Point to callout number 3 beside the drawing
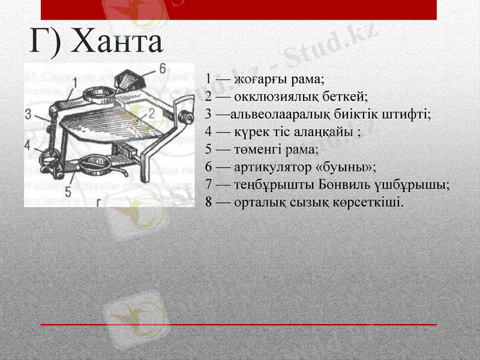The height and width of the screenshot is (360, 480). pyautogui.click(x=29, y=113)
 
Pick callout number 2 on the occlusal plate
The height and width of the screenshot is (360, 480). pyautogui.click(x=151, y=113)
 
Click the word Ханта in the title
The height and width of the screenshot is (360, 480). pyautogui.click(x=121, y=41)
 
